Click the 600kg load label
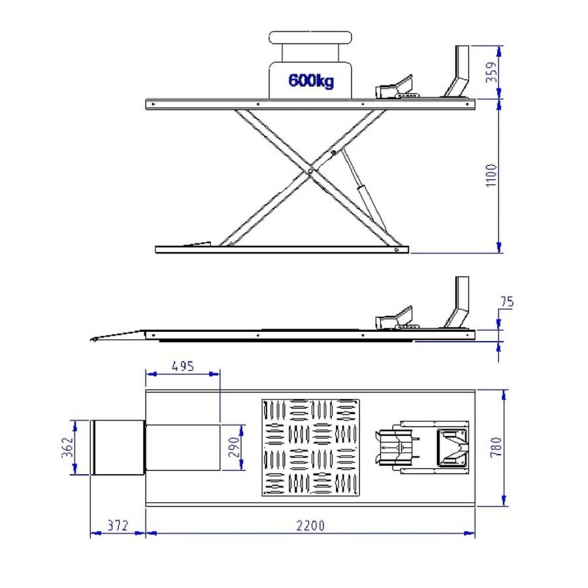(311, 80)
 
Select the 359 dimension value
(491, 72)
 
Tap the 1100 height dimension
(491, 176)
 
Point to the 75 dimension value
(508, 302)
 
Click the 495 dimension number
(183, 366)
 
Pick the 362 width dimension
(67, 448)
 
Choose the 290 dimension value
(234, 447)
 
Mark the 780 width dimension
(496, 447)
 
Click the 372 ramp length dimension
(118, 526)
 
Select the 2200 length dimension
(310, 526)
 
